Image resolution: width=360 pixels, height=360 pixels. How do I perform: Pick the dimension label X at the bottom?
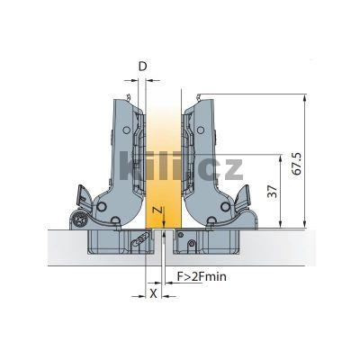pos(153,293)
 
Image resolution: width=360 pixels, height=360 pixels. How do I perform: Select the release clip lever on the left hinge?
pos(83,194)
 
